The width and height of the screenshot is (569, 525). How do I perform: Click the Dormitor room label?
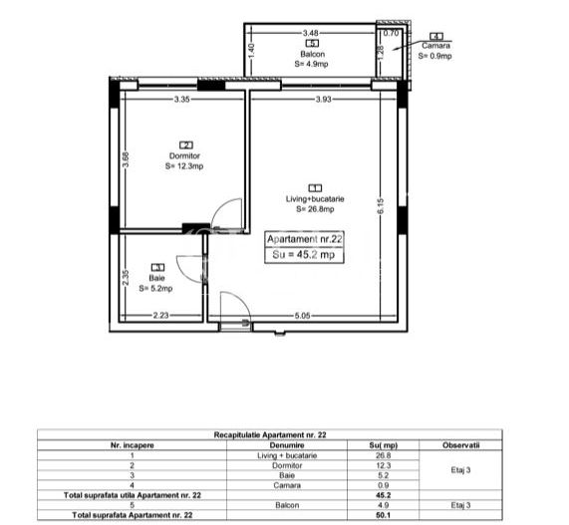point(184,155)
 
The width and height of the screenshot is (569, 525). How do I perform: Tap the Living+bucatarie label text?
point(315,199)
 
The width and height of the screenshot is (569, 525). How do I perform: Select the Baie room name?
point(156,278)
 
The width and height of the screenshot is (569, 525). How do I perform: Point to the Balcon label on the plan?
point(313,54)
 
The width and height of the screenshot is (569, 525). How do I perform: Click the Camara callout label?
point(435,46)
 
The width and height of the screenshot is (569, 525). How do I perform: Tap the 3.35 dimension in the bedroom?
point(181,99)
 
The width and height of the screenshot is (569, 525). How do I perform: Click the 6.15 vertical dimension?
point(381,206)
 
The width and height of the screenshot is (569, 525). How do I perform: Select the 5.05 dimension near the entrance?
point(302,316)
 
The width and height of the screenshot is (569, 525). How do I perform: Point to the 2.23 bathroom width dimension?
point(160,315)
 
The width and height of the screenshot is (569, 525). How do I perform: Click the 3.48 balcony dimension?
point(311,33)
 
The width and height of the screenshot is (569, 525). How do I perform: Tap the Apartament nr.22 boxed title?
point(305,239)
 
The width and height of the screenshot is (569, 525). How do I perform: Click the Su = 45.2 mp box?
point(304,255)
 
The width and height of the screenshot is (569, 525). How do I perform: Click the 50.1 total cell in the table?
point(383,515)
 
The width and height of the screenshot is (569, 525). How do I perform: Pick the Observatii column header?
point(460,445)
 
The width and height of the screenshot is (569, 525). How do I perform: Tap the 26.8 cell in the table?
point(384,455)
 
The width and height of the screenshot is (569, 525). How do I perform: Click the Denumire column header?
point(287,445)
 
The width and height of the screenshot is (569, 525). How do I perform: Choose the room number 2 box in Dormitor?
point(186,145)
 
